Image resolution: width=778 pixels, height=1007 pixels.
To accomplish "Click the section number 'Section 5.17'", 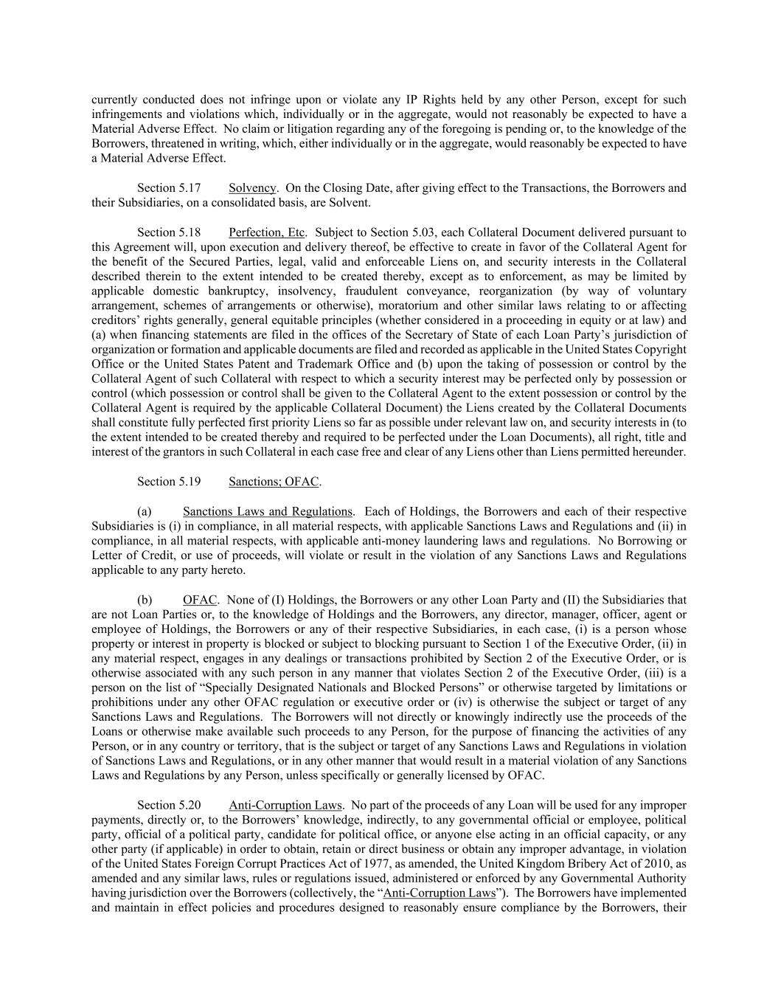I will (x=169, y=188).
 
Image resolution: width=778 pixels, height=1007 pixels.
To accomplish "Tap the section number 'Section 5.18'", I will (x=169, y=232).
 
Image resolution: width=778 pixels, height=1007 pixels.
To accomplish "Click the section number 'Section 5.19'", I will (x=169, y=482).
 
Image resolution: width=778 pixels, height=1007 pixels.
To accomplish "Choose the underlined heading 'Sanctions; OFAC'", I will (x=274, y=482).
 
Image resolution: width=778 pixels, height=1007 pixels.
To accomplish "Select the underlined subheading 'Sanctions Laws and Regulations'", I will (x=268, y=511).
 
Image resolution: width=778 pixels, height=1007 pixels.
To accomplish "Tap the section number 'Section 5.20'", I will (x=169, y=805).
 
